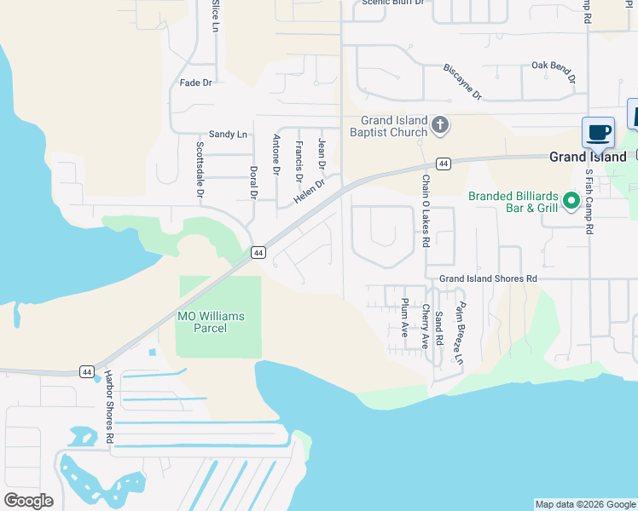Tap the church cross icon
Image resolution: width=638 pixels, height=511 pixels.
click(440, 126)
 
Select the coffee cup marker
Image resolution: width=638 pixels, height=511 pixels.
click(598, 133)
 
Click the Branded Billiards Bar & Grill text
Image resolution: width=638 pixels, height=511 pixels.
click(513, 202)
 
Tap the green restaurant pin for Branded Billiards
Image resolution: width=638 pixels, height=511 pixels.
click(572, 202)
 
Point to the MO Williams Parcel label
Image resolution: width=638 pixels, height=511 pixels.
click(210, 322)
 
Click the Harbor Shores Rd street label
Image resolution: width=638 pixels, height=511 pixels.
click(110, 407)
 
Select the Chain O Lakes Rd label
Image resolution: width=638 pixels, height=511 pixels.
click(425, 211)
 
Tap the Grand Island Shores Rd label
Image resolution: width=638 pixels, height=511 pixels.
click(488, 278)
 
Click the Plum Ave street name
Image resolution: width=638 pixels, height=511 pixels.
click(404, 318)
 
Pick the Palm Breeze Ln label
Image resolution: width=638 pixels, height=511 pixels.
click(460, 334)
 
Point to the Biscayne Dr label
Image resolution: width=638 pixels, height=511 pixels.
click(462, 82)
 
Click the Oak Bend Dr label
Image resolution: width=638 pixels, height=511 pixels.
click(554, 70)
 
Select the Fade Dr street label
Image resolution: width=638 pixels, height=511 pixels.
click(195, 83)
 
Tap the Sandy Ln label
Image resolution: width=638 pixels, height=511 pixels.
click(228, 135)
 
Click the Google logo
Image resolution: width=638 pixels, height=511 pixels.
click(28, 501)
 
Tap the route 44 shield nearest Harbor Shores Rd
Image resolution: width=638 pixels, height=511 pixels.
click(87, 371)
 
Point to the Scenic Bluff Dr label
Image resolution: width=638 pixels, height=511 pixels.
click(392, 3)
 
